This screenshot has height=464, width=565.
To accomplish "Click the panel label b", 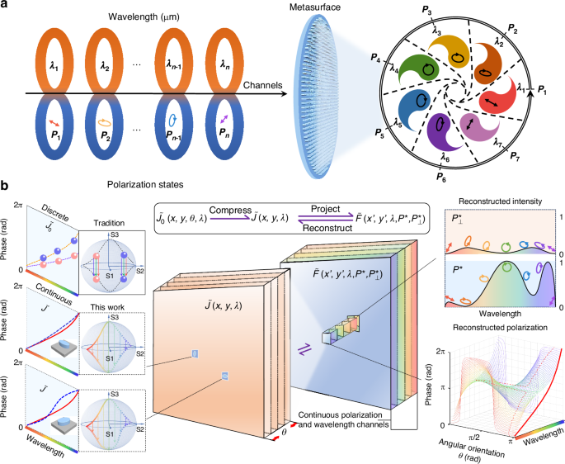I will click(x=6, y=187).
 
